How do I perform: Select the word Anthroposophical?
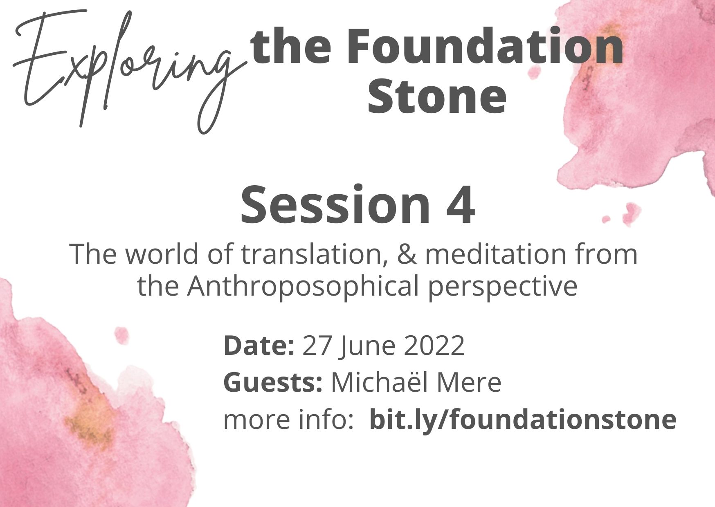[303, 286]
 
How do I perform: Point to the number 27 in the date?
[316, 346]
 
